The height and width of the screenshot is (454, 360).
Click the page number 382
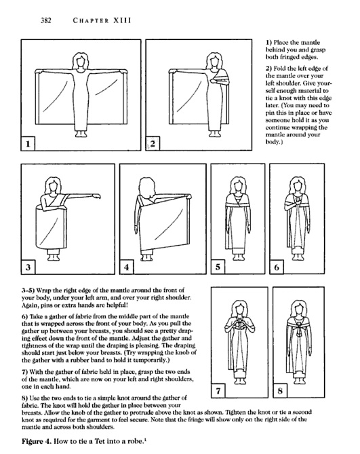click(46, 20)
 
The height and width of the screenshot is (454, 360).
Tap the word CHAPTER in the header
click(91, 20)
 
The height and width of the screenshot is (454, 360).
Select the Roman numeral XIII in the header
click(122, 20)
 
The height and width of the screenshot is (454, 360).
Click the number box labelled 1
click(28, 144)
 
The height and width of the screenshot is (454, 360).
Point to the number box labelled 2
click(153, 144)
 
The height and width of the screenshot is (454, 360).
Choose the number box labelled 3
click(28, 267)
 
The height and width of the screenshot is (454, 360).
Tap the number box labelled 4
click(127, 267)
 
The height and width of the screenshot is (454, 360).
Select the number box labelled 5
click(218, 267)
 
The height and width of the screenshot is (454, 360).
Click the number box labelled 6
click(277, 267)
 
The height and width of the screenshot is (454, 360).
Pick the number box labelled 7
click(218, 391)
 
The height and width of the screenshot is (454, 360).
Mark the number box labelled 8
click(280, 391)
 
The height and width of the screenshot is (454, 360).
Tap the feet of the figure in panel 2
click(214, 134)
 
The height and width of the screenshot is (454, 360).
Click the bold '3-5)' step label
click(28, 290)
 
